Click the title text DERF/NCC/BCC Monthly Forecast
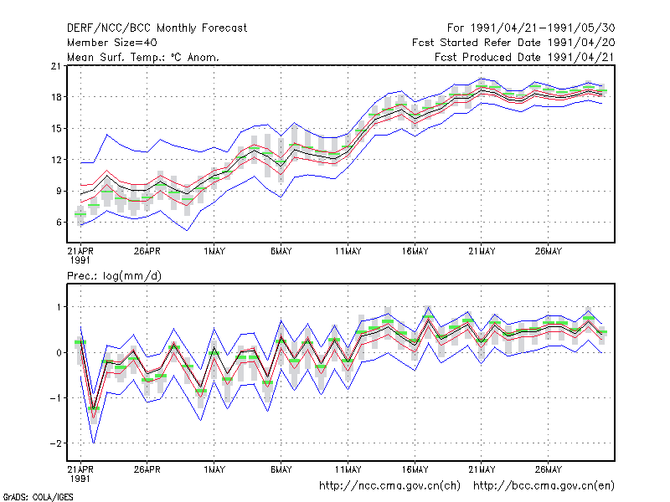pyautogui.click(x=157, y=28)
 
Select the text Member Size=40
pyautogui.click(x=112, y=43)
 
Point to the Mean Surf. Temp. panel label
pyautogui.click(x=143, y=57)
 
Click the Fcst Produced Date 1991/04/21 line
pyautogui.click(x=525, y=57)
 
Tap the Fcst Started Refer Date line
pyautogui.click(x=513, y=43)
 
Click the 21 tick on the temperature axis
pyautogui.click(x=56, y=66)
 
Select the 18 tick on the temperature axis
pyautogui.click(x=56, y=97)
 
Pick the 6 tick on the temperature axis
pyautogui.click(x=59, y=222)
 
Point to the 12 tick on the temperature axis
pyautogui.click(x=56, y=160)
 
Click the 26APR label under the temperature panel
pyautogui.click(x=147, y=252)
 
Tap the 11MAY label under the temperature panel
pyautogui.click(x=348, y=252)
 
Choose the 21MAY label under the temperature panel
pyautogui.click(x=482, y=252)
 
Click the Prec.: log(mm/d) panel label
pyautogui.click(x=114, y=276)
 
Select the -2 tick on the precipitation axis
pyautogui.click(x=55, y=443)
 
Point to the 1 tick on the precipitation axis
pyautogui.click(x=59, y=307)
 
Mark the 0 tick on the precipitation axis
pyautogui.click(x=59, y=352)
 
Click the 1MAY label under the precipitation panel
pyautogui.click(x=214, y=469)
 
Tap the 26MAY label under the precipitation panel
pyautogui.click(x=549, y=469)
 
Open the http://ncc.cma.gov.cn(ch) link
pyautogui.click(x=389, y=486)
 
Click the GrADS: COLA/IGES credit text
pyautogui.click(x=38, y=497)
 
